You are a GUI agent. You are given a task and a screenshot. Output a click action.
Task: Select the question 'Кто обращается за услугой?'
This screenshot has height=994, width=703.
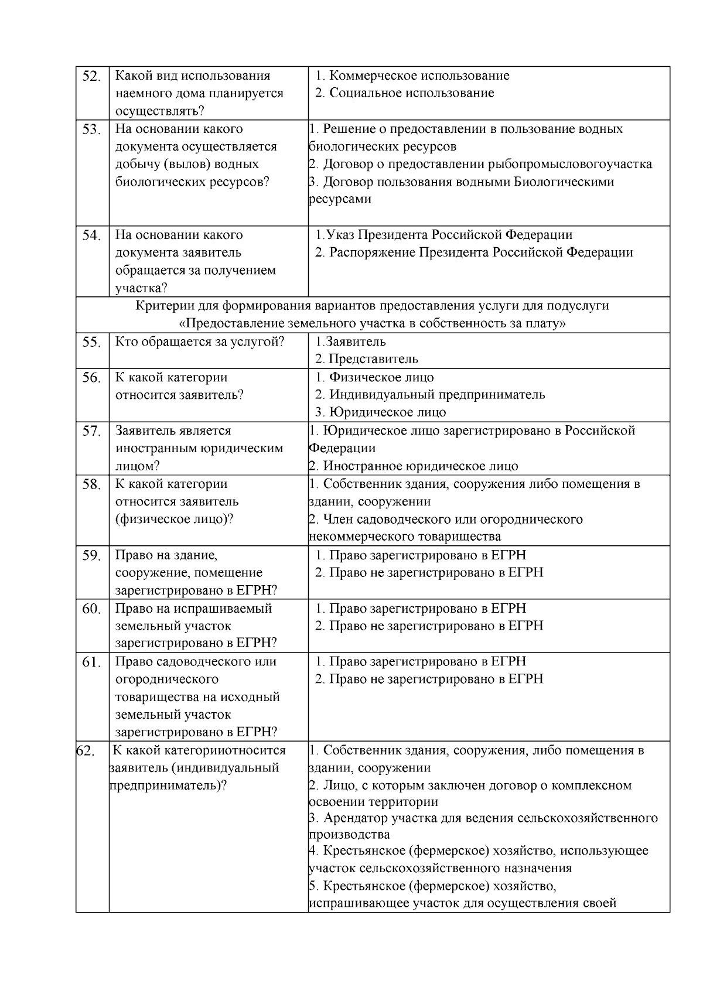199,341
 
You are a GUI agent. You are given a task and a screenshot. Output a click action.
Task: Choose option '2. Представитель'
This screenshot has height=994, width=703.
367,359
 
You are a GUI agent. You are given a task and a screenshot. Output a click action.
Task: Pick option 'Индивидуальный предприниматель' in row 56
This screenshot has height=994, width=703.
436,395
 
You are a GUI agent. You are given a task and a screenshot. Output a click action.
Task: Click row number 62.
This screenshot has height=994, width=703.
86,751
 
